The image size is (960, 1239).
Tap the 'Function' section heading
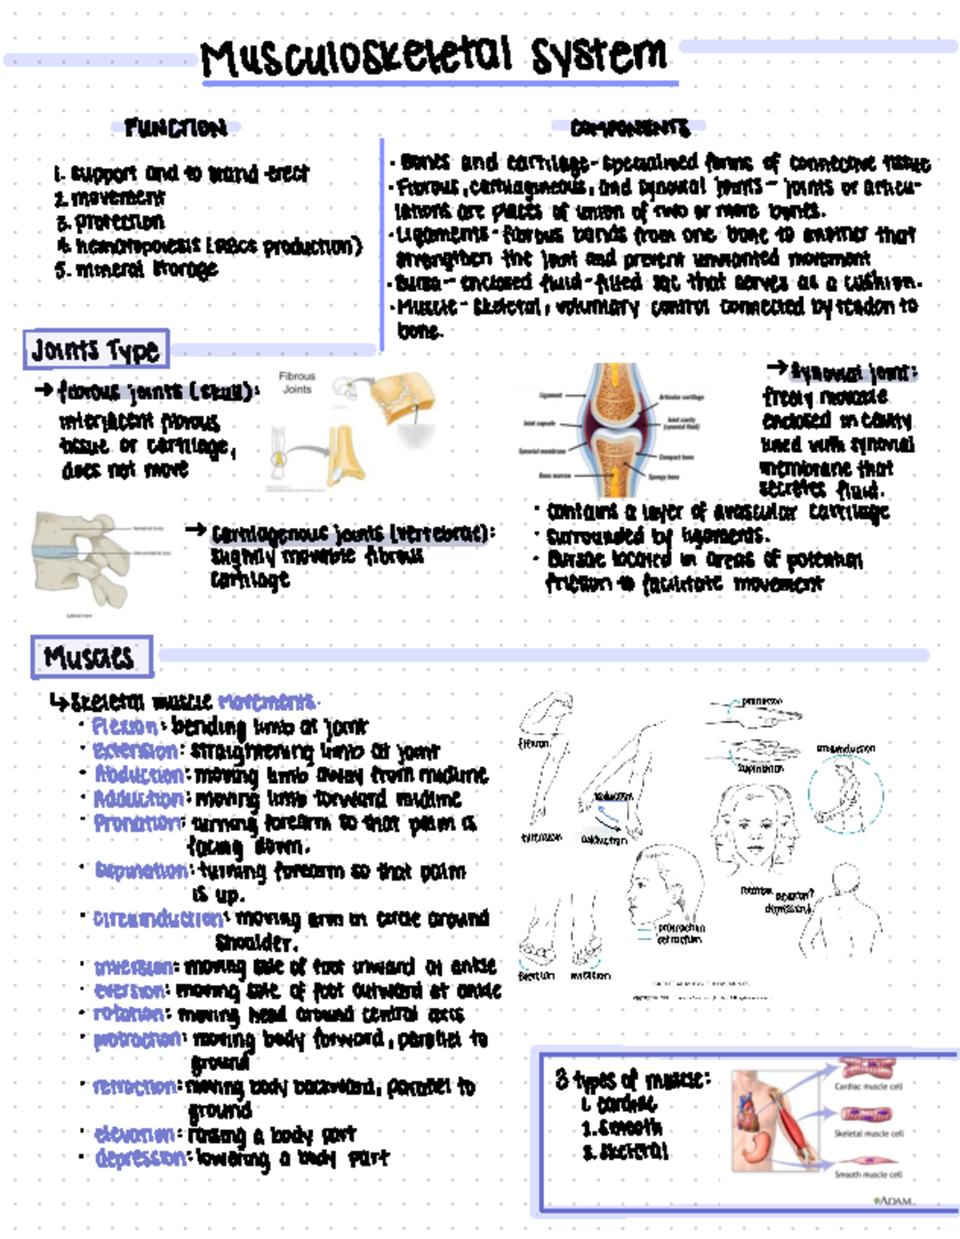[176, 127]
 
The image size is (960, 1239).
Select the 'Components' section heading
[630, 127]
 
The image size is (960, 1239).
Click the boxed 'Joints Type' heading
[96, 350]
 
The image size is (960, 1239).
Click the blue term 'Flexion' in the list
[125, 726]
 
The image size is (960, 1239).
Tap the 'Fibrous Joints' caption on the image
[297, 382]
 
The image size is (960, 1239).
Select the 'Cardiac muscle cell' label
[869, 1086]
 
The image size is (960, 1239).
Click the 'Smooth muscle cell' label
[869, 1174]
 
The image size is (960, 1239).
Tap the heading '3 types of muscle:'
[632, 1080]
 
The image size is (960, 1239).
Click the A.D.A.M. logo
[894, 1201]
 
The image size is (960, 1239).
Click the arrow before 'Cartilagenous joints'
[196, 530]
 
